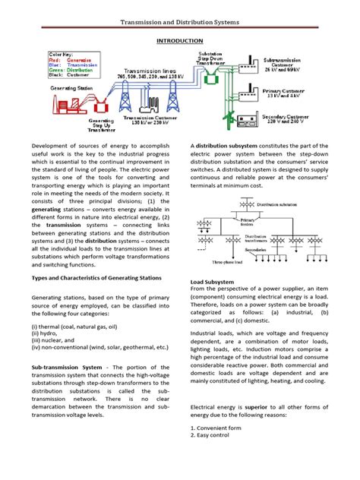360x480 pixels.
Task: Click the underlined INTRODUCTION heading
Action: point(179,39)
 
